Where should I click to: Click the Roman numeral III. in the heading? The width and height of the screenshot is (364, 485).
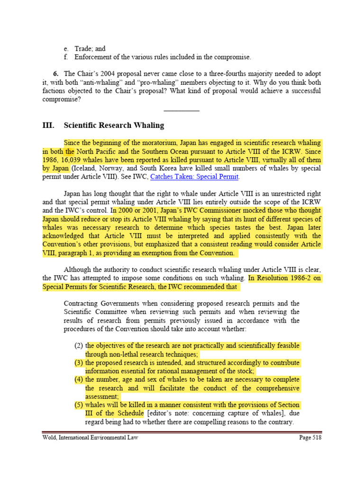click(48, 126)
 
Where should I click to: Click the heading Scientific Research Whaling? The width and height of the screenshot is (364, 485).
click(114, 126)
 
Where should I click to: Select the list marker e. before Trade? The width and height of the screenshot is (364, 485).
click(66, 49)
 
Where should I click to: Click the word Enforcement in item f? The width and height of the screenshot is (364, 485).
click(92, 57)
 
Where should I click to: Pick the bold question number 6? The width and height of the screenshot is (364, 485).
click(55, 74)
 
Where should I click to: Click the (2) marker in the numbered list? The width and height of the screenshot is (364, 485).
click(79, 345)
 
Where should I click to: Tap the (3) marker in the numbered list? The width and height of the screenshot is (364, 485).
click(79, 362)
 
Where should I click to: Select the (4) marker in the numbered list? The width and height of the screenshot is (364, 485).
click(79, 379)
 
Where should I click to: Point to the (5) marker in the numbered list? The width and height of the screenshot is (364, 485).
click(79, 405)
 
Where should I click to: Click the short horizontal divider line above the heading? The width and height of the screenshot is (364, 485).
click(182, 110)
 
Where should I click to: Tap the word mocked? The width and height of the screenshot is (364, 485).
click(233, 211)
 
